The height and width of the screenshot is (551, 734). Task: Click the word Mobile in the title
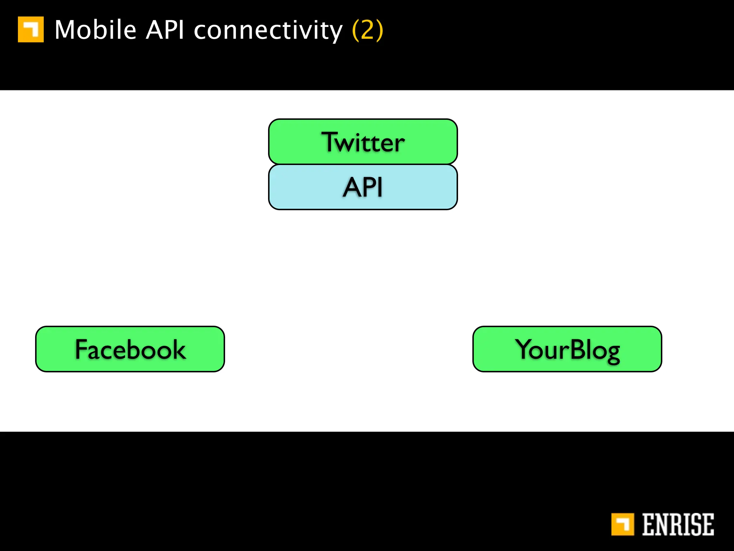[x=95, y=30]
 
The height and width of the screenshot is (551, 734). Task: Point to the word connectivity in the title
[x=268, y=30]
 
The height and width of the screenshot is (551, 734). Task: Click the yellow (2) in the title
[x=368, y=30]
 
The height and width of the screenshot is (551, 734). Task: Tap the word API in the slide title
[x=165, y=30]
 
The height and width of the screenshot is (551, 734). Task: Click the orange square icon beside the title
[x=31, y=29]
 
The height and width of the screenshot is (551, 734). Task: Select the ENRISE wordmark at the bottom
[x=677, y=524]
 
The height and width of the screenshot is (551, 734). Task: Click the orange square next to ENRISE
[x=623, y=524]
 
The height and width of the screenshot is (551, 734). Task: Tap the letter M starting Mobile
[x=66, y=30]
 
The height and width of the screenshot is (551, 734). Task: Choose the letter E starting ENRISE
[x=648, y=524]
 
